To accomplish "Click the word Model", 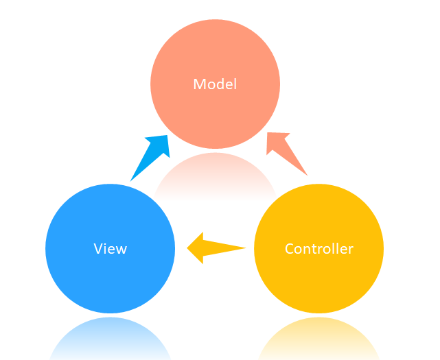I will tap(215, 84).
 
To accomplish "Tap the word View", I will tap(110, 248).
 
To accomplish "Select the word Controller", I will tap(319, 248).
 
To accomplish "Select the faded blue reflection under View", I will tap(110, 339).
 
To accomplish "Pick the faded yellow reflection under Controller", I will tap(319, 339).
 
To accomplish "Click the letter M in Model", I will tap(200, 84).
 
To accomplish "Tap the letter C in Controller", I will tap(289, 248).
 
